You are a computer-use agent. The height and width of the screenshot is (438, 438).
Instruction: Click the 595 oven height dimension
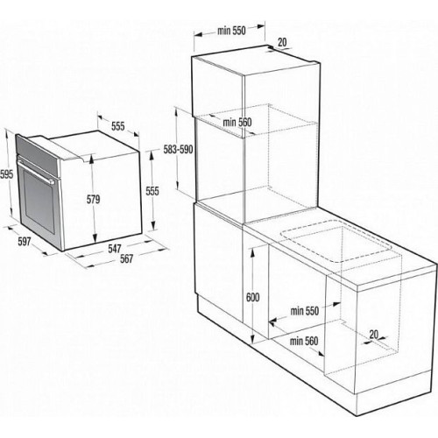point(6,174)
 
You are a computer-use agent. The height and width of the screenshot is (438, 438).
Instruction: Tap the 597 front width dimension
point(25,242)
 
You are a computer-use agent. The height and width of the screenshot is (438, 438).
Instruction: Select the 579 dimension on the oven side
point(93,200)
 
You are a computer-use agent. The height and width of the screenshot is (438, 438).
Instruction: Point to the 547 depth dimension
point(115,249)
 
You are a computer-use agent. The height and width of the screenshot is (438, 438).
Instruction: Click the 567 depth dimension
point(126,258)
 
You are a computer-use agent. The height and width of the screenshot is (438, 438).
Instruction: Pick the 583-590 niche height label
point(178,150)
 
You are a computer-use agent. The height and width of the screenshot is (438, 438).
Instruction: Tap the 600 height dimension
point(253,297)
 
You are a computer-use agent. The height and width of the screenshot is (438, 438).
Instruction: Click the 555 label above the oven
point(118,126)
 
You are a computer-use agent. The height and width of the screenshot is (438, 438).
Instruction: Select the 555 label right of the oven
point(152,191)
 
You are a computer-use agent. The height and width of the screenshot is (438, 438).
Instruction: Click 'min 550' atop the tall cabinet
point(231,31)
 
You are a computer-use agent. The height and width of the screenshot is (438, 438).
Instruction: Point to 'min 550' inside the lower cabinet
point(305,311)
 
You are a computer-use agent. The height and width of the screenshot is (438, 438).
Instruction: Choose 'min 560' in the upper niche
point(237,123)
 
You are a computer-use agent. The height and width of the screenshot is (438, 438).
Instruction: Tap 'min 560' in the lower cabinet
point(304,341)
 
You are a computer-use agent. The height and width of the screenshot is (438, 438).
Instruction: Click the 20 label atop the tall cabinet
point(282,42)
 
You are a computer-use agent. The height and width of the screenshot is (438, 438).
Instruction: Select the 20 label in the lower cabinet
point(374,335)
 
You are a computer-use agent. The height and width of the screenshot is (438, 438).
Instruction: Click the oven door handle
point(36,171)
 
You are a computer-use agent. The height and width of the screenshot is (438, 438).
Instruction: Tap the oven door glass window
point(39,201)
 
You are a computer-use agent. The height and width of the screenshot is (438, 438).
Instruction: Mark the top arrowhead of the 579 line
point(92,158)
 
